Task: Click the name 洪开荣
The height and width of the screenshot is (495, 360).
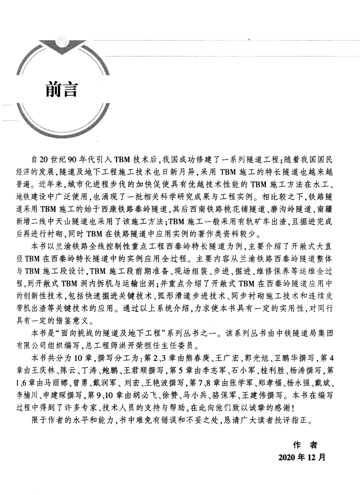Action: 173,344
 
